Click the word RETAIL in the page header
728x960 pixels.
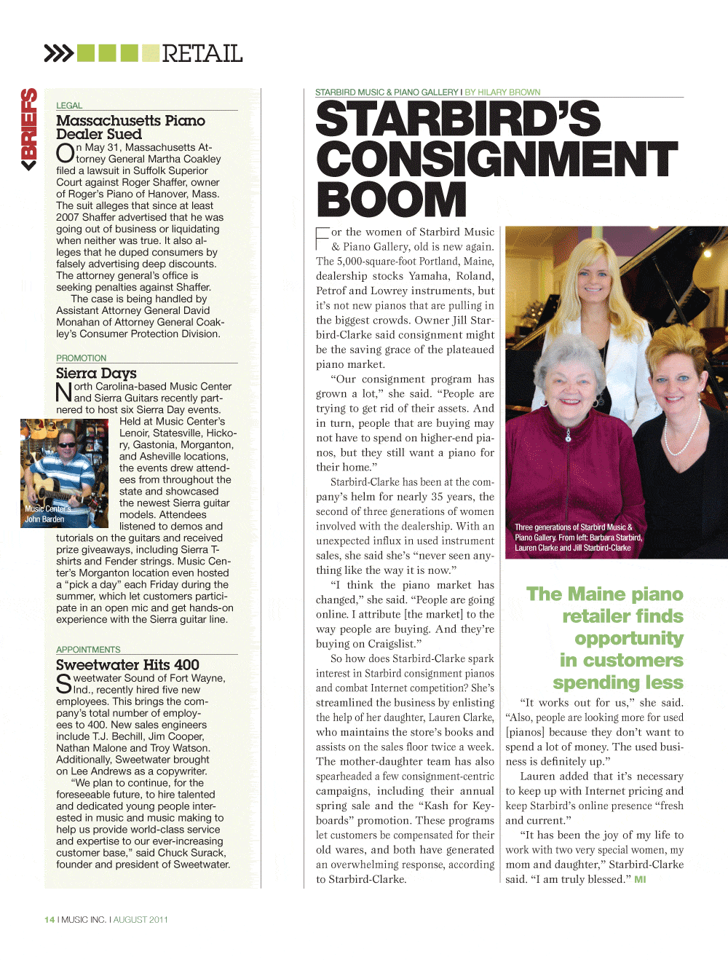pyautogui.click(x=202, y=53)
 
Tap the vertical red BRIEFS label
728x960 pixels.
pyautogui.click(x=29, y=128)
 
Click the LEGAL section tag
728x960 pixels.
pyautogui.click(x=69, y=106)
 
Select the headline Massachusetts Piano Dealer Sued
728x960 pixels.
pyautogui.click(x=130, y=127)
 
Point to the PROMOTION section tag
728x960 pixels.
pyautogui.click(x=81, y=358)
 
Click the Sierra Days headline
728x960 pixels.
pyautogui.click(x=96, y=373)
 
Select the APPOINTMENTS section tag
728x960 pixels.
pyautogui.click(x=88, y=650)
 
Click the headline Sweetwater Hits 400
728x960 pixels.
pyautogui.click(x=127, y=664)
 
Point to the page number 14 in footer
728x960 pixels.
pyautogui.click(x=49, y=920)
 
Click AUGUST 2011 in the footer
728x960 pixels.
pyautogui.click(x=141, y=920)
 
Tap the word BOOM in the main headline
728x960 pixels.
pyautogui.click(x=392, y=199)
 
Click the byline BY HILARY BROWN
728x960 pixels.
pyautogui.click(x=503, y=93)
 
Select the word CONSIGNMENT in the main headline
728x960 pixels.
pyautogui.click(x=496, y=159)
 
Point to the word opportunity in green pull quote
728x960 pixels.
pyautogui.click(x=628, y=639)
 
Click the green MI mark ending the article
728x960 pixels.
pyautogui.click(x=640, y=880)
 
